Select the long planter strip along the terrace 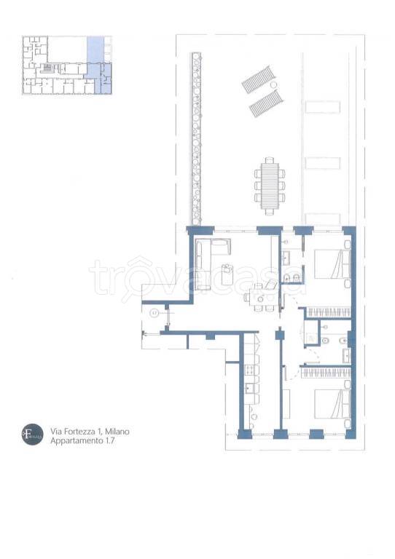pyautogui.click(x=195, y=138)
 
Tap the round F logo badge pyautogui.click(x=32, y=435)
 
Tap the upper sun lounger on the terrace pyautogui.click(x=259, y=78)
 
